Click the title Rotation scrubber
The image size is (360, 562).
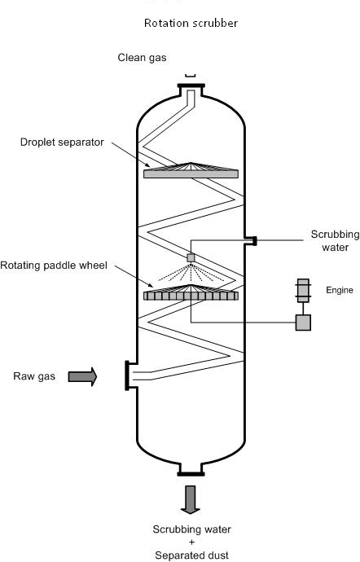point(191,23)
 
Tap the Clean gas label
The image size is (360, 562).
point(142,58)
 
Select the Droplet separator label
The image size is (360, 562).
point(62,143)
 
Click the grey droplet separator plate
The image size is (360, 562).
point(191,173)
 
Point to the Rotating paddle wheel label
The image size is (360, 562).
point(54,266)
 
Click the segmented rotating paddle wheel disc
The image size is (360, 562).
point(191,296)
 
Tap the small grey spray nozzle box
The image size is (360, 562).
point(191,257)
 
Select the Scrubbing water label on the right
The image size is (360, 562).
point(335,241)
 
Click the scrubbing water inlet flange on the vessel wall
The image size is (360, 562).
point(252,241)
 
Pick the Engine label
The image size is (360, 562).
point(339,290)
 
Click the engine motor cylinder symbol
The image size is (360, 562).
point(303,290)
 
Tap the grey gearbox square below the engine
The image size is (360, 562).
point(303,323)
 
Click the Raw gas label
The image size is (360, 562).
point(34,376)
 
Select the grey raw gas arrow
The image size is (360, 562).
point(82,376)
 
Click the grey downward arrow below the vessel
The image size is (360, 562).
point(191,500)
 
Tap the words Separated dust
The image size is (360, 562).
point(191,555)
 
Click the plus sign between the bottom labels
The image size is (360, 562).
point(191,542)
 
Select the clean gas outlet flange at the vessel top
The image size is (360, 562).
point(191,86)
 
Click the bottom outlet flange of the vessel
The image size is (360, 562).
point(191,474)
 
